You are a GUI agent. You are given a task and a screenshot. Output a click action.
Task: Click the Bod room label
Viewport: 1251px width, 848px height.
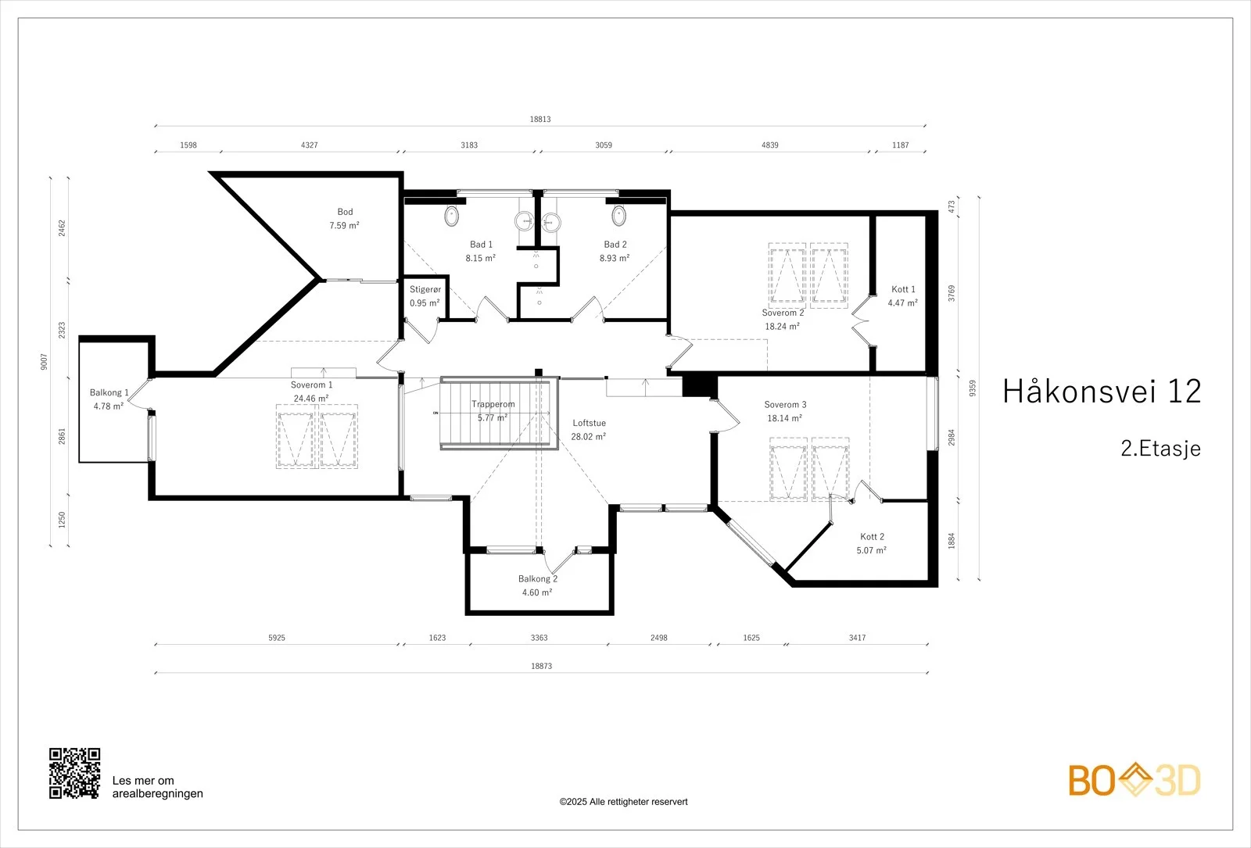click(x=345, y=212)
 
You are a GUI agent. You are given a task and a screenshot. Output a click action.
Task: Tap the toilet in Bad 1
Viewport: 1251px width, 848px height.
click(x=452, y=216)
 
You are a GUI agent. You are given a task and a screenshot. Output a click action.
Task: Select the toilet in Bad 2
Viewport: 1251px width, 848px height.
click(x=618, y=216)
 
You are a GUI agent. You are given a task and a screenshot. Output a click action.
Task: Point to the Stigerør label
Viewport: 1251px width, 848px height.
click(x=425, y=290)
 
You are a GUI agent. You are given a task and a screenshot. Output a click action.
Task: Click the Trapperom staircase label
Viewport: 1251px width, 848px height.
click(x=493, y=404)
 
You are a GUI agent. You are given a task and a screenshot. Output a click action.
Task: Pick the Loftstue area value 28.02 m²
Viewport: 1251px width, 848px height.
click(x=589, y=437)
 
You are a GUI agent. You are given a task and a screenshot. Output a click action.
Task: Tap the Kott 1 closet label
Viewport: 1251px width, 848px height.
click(x=903, y=289)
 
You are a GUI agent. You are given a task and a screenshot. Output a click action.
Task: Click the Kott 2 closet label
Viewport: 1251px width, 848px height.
click(x=872, y=536)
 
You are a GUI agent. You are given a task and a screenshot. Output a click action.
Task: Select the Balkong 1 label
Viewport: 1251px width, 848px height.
click(x=109, y=392)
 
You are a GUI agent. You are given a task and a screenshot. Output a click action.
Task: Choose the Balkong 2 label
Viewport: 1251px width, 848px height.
click(x=538, y=579)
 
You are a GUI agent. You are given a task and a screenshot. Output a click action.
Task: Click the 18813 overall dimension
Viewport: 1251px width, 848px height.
click(x=540, y=119)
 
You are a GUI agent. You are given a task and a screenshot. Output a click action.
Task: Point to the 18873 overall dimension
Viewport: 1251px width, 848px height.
click(x=541, y=666)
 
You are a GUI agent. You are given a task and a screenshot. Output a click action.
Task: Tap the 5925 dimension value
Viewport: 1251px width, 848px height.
click(x=277, y=638)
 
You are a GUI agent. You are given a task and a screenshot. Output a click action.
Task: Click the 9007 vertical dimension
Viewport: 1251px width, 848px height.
click(x=44, y=362)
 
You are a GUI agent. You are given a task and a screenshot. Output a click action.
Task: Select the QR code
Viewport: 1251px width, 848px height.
click(x=75, y=773)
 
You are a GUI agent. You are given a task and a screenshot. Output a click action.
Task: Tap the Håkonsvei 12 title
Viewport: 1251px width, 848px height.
click(x=1102, y=391)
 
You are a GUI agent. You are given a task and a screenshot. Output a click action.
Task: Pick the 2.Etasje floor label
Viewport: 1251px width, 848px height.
click(x=1160, y=449)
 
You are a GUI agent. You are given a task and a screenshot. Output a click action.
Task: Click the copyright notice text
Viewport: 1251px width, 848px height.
click(x=623, y=802)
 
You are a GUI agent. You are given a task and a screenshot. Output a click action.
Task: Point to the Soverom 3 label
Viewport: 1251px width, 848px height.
click(x=785, y=405)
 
